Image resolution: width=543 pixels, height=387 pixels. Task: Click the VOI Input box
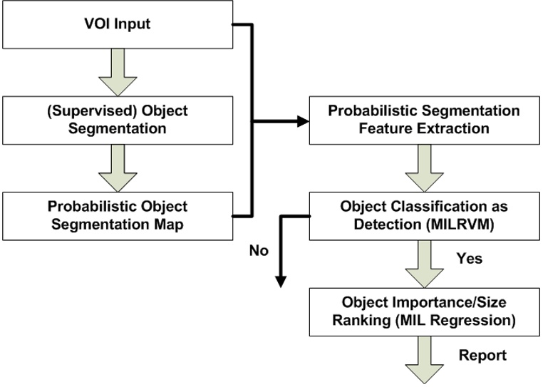click(118, 25)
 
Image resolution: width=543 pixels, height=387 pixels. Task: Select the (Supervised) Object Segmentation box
click(118, 120)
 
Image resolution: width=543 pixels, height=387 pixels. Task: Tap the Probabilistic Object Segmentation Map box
click(118, 215)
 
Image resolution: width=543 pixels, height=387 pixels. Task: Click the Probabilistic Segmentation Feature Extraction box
click(423, 120)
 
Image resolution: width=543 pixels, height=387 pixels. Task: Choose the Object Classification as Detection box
click(423, 215)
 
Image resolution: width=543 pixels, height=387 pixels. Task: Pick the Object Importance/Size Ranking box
click(423, 311)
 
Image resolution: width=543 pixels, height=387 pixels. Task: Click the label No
click(259, 250)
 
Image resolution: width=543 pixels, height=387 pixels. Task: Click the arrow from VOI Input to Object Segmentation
click(118, 72)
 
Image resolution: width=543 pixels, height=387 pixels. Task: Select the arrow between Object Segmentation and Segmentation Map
click(118, 167)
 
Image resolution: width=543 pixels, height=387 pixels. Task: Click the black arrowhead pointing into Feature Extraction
click(302, 121)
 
